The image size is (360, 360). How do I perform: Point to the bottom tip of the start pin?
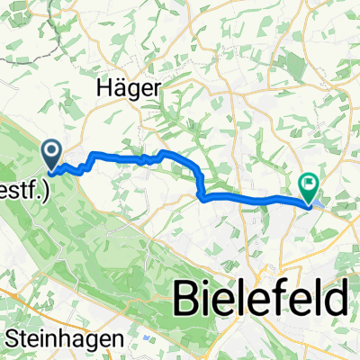[x=53, y=166]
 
